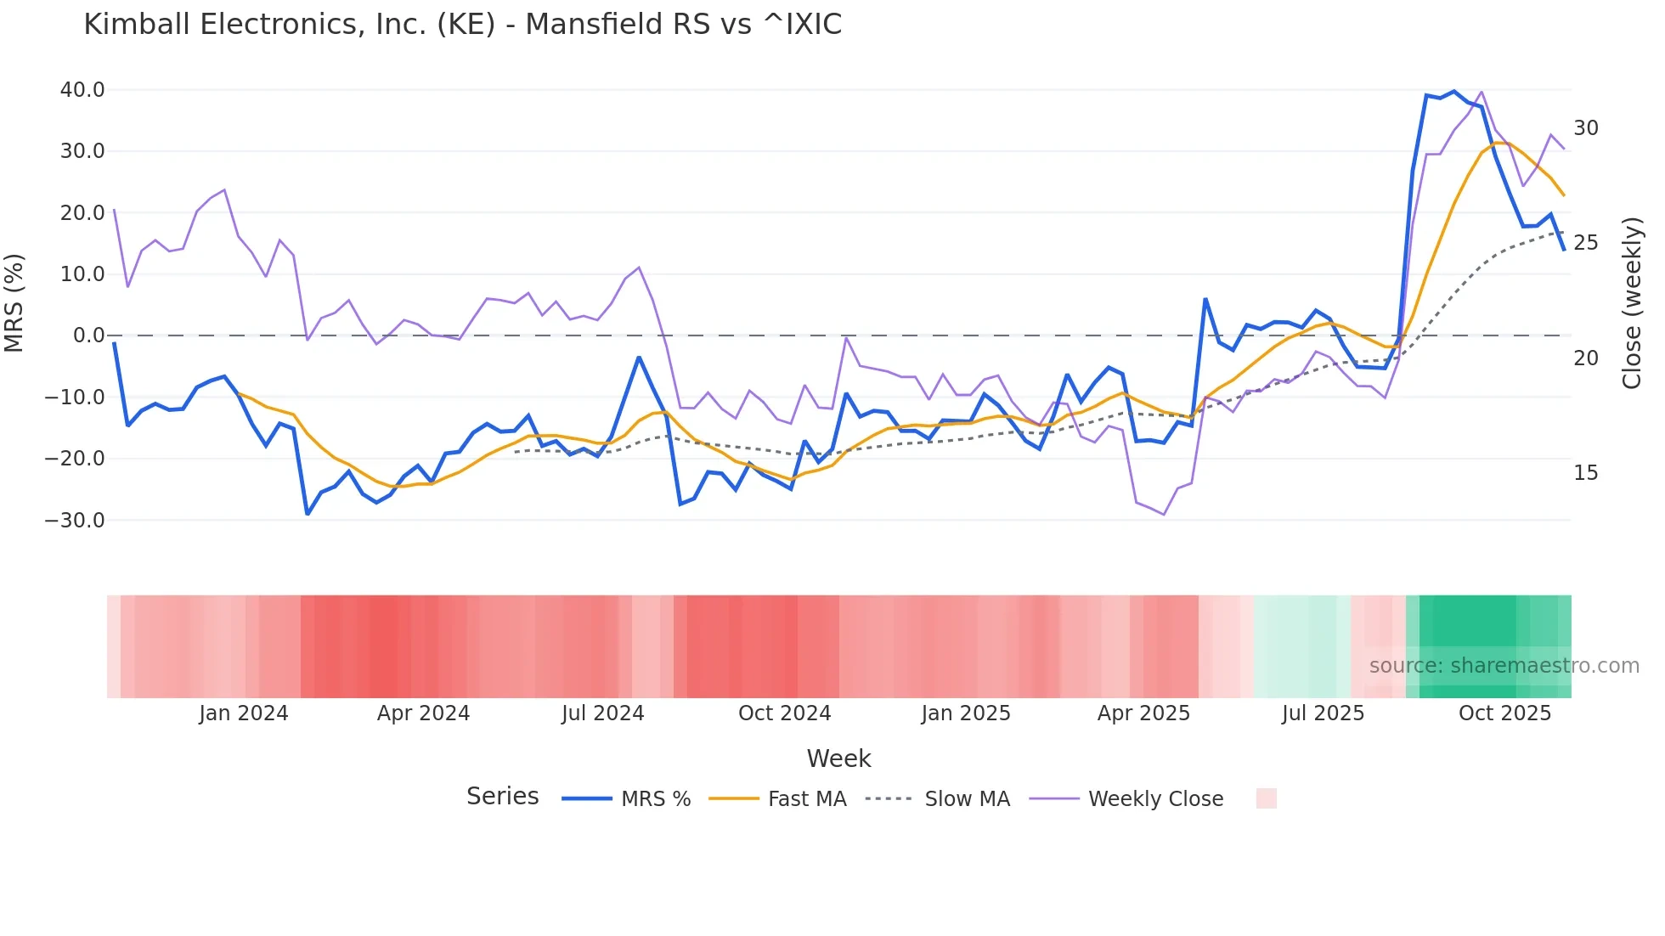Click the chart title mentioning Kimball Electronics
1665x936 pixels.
tap(462, 25)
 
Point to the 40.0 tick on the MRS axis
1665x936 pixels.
tap(82, 90)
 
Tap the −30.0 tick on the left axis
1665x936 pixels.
tap(76, 520)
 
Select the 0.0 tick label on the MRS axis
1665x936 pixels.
tap(88, 335)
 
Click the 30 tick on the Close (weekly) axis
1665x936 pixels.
tap(1585, 128)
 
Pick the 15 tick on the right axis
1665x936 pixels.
tap(1585, 473)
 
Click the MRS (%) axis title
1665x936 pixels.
tap(14, 302)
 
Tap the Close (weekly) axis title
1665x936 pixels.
tap(1631, 302)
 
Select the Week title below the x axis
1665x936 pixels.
tap(838, 758)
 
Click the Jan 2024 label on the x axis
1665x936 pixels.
tap(244, 713)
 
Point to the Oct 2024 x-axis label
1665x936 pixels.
tap(784, 713)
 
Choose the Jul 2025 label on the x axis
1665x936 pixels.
tap(1323, 713)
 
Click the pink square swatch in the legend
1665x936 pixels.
tap(1266, 798)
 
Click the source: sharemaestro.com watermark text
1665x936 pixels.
tap(1504, 666)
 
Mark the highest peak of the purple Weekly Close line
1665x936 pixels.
tap(1482, 92)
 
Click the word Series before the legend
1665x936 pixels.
tap(502, 797)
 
